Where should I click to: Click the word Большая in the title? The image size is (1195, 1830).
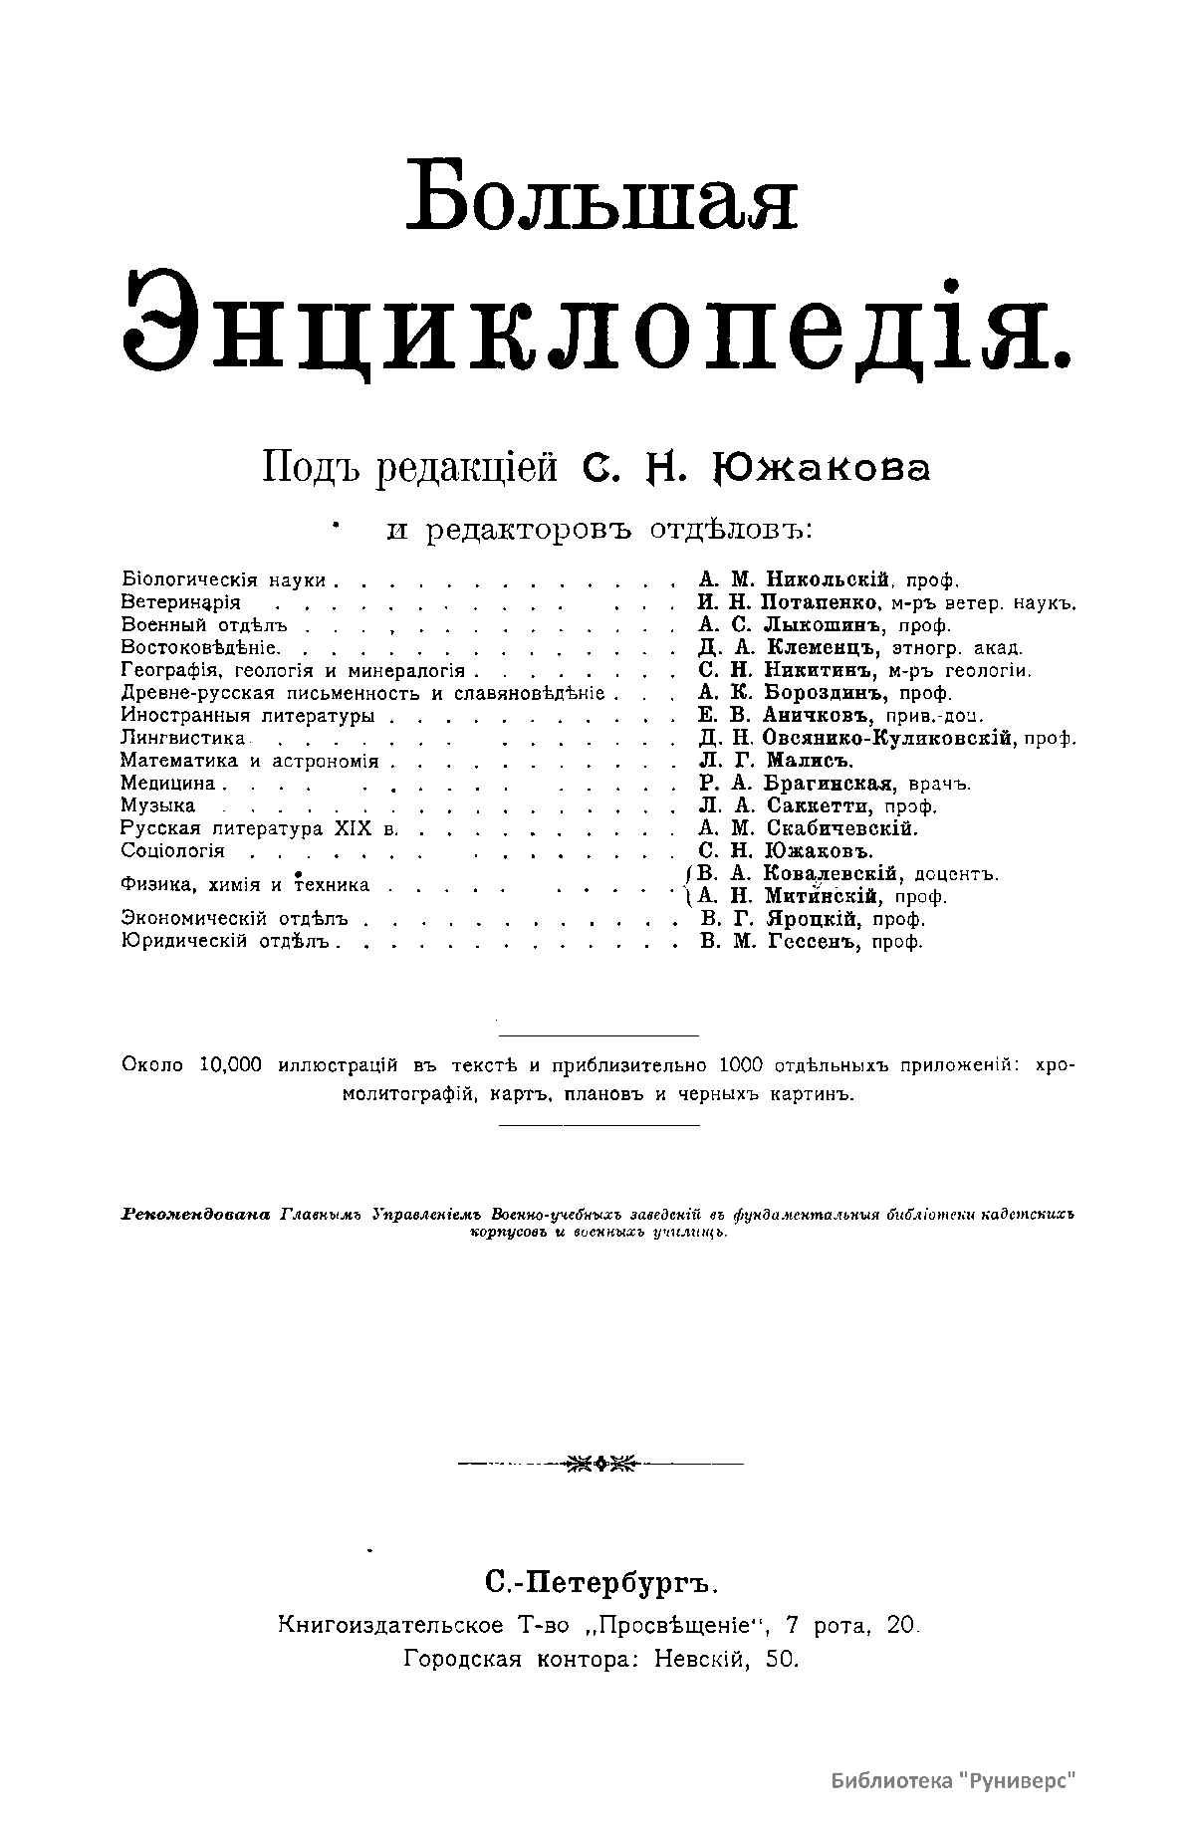[x=606, y=195]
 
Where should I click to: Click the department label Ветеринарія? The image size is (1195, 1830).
[x=180, y=602]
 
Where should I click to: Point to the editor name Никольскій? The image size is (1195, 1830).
[x=825, y=579]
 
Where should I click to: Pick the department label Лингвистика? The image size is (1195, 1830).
[x=183, y=739]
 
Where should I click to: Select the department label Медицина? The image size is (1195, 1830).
[x=167, y=784]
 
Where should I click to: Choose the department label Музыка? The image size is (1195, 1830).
[x=157, y=806]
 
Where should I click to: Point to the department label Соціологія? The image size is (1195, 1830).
[x=172, y=851]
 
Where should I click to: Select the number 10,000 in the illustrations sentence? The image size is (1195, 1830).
[x=230, y=1065]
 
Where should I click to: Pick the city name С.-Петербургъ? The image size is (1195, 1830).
[x=600, y=1582]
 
